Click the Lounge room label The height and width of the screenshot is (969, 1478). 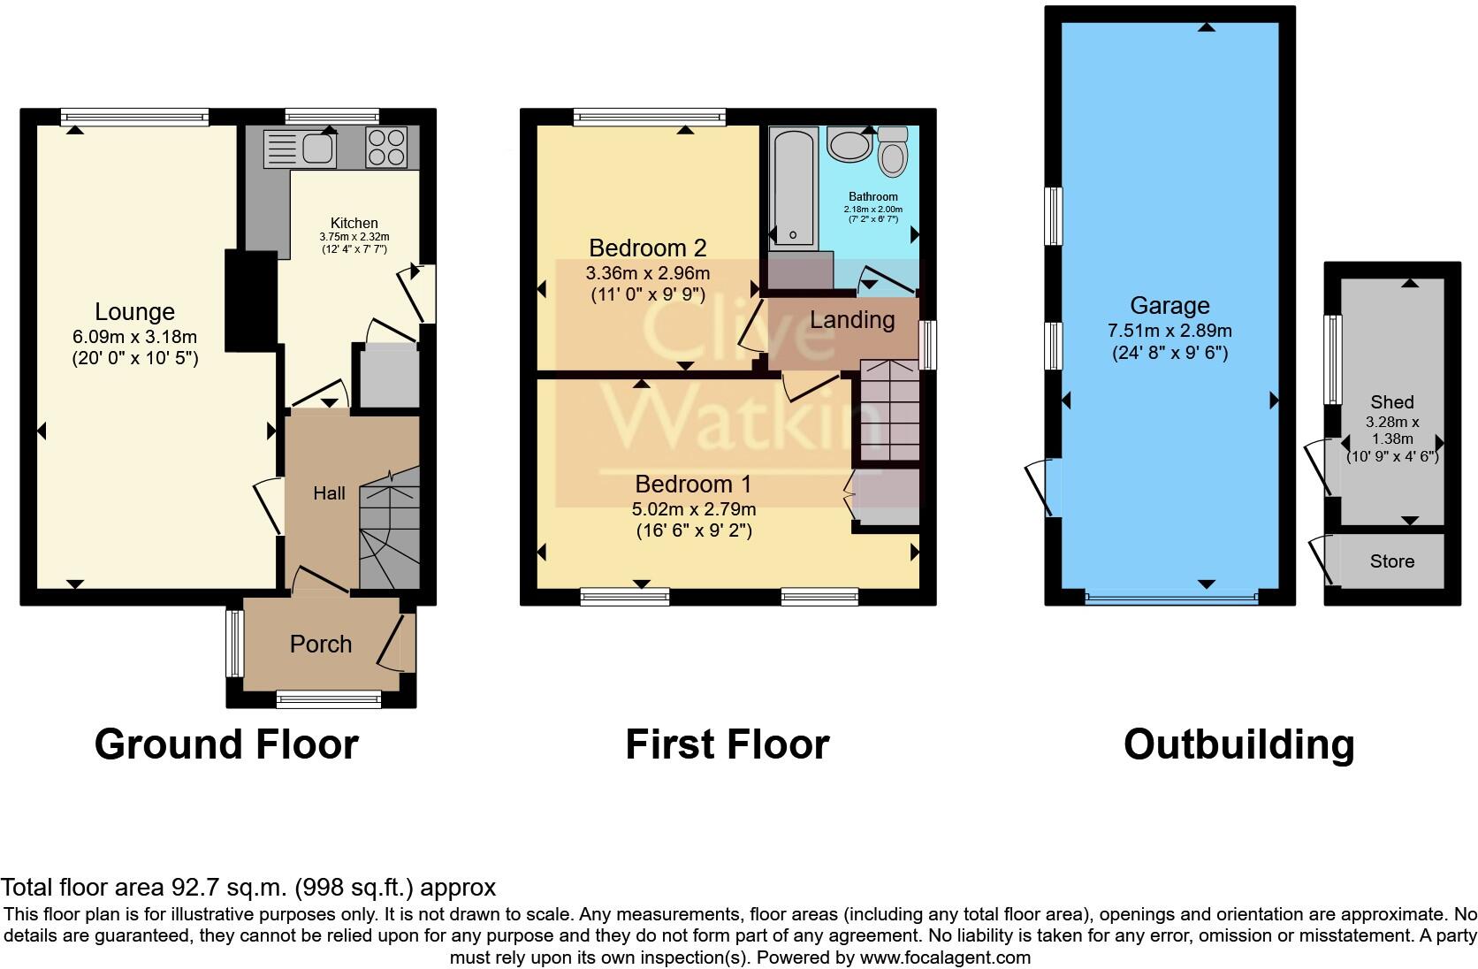click(134, 312)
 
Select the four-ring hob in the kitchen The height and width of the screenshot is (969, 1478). click(386, 148)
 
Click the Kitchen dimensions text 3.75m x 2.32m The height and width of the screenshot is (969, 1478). click(354, 237)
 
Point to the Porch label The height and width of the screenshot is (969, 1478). click(320, 644)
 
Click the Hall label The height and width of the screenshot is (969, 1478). click(329, 493)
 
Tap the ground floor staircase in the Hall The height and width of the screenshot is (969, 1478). click(388, 530)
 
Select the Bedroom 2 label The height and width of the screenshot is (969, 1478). click(647, 248)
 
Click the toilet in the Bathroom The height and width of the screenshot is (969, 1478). click(894, 156)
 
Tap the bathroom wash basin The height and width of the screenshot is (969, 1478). click(849, 145)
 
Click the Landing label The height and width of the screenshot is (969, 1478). click(852, 319)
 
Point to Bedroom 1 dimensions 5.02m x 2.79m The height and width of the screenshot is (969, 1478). click(693, 509)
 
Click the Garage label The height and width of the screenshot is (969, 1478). click(1169, 306)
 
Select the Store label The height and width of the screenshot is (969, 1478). click(1391, 561)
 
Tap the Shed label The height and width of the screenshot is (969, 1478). click(1391, 402)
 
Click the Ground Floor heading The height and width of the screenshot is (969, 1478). click(226, 744)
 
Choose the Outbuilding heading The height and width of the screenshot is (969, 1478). click(1238, 744)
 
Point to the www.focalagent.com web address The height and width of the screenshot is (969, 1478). click(944, 957)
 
